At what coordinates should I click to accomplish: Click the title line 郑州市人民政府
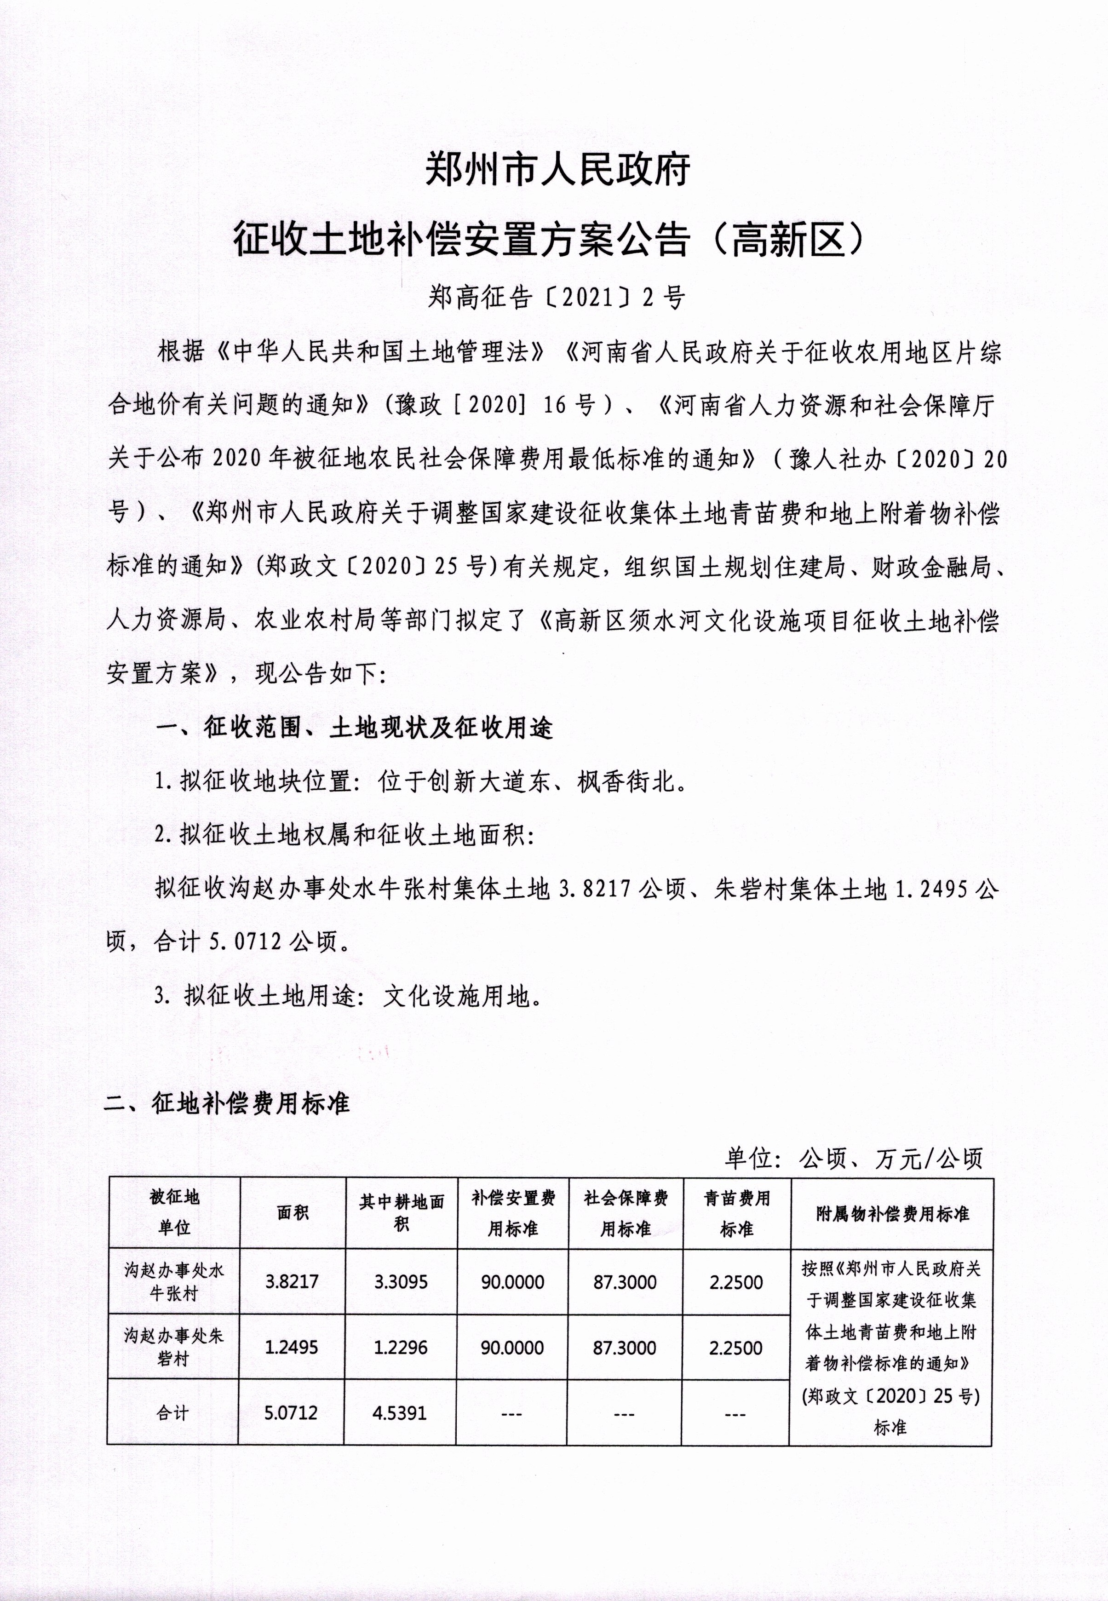(557, 170)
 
